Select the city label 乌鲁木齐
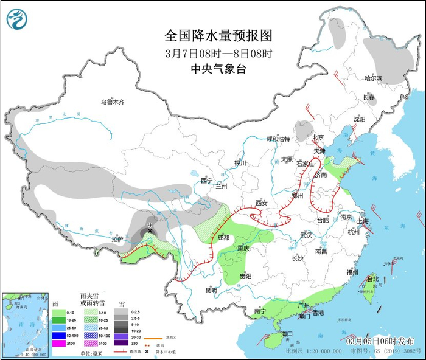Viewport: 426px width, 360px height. [113, 102]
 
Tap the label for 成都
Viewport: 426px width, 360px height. [223, 237]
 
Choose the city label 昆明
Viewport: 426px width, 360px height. [211, 290]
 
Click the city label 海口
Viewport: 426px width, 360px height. [287, 334]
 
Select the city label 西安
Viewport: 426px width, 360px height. [262, 202]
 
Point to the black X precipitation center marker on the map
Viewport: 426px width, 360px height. [150, 231]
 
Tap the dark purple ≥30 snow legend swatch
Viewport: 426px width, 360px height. [124, 344]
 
